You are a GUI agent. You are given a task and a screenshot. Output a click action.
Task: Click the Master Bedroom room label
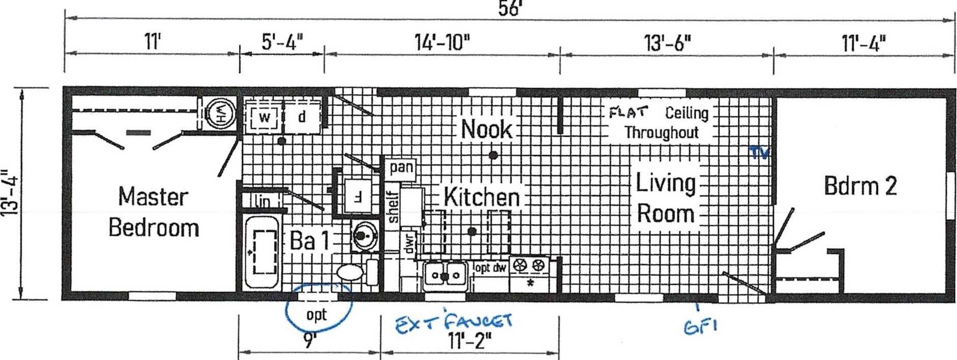(x=154, y=212)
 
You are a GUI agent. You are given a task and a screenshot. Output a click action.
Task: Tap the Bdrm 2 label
(x=860, y=186)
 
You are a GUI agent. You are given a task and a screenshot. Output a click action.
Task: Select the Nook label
(x=486, y=129)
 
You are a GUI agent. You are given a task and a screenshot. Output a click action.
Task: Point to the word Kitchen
(x=482, y=197)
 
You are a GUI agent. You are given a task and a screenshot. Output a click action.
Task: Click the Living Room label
(x=666, y=198)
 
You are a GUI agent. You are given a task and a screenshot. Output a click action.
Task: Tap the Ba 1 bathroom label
(x=309, y=241)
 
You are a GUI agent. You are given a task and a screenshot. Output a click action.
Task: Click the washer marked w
(x=264, y=117)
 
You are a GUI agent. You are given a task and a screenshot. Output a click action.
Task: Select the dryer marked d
(x=302, y=117)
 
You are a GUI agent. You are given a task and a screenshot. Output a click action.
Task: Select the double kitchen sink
(x=445, y=276)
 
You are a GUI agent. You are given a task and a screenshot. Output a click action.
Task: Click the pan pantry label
(x=401, y=167)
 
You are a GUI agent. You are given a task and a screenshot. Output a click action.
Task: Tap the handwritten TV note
(x=759, y=153)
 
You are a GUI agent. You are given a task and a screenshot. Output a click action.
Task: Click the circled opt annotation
(x=318, y=308)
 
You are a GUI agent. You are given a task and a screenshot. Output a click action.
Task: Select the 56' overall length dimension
(x=510, y=9)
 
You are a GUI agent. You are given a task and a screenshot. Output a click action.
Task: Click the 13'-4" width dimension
(x=10, y=193)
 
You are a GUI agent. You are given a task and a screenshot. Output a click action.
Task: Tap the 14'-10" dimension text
(x=442, y=42)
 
